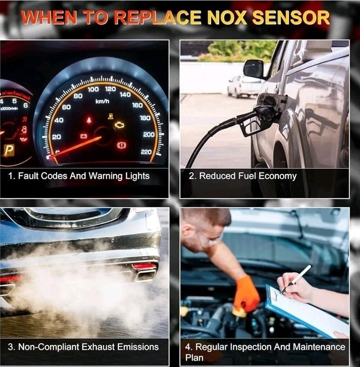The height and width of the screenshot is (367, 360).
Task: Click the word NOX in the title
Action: [227, 17]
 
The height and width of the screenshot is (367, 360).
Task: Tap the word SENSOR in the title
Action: [291, 17]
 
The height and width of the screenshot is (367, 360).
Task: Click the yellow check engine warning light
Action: [119, 124]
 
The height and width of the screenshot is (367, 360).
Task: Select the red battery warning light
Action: [84, 136]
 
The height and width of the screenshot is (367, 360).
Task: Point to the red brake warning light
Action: [121, 145]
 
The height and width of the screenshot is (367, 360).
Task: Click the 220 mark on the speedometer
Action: [146, 152]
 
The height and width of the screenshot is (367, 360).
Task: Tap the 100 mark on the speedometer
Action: [93, 89]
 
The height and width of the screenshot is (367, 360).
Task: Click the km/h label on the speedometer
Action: [102, 101]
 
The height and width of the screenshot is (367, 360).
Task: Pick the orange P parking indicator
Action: [9, 150]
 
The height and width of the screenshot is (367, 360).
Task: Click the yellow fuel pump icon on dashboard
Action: [111, 116]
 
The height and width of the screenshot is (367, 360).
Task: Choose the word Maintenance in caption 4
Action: [319, 347]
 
